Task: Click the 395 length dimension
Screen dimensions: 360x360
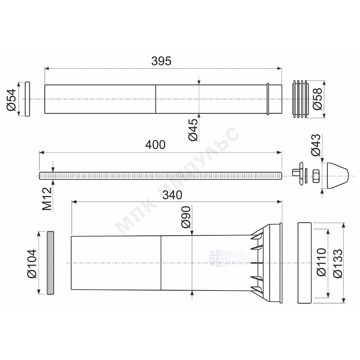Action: click(161, 61)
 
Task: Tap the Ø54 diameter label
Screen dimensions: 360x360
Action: click(12, 99)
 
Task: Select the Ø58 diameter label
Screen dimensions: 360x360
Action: click(318, 99)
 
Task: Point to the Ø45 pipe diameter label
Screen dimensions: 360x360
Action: click(193, 130)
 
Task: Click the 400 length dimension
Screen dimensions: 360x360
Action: click(155, 145)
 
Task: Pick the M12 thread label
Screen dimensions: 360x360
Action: click(47, 199)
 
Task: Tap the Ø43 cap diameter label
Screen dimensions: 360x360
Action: click(315, 145)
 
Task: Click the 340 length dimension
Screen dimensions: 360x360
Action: click(172, 195)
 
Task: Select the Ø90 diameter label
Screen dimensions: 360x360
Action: click(186, 217)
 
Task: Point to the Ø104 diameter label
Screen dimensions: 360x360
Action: click(32, 264)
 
